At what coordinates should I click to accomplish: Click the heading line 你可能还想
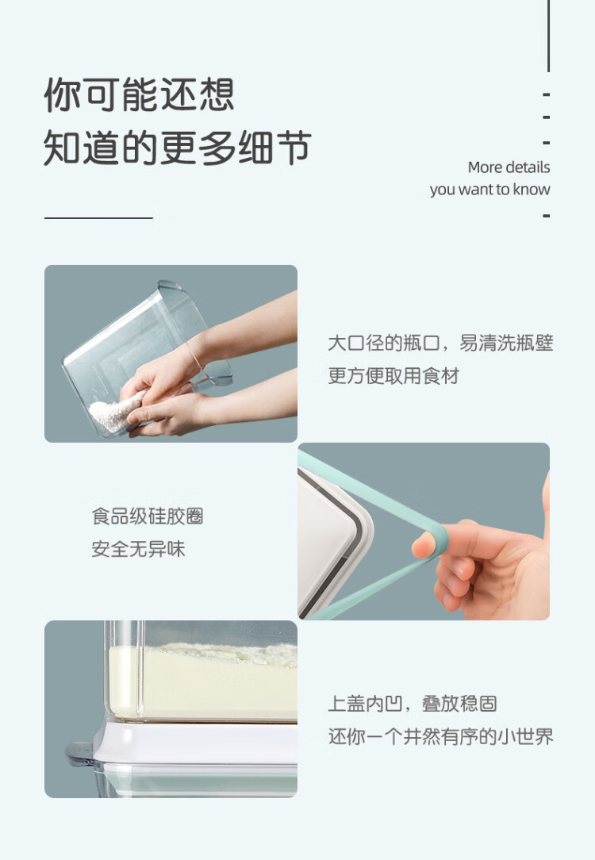[x=140, y=94]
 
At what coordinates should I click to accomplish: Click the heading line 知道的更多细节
[x=178, y=148]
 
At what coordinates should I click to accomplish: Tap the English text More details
[x=509, y=167]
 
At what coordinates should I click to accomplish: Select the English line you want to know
[x=489, y=190]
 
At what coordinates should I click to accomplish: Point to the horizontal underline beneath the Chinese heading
[x=98, y=217]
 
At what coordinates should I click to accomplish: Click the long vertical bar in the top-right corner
[x=548, y=36]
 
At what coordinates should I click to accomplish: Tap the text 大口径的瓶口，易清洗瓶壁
[x=440, y=344]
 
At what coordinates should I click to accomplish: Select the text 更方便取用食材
[x=393, y=376]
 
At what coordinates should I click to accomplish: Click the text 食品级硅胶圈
[x=148, y=516]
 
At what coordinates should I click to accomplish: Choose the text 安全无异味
[x=138, y=549]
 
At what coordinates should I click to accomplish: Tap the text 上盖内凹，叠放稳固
[x=413, y=704]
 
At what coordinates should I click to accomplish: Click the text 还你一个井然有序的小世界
[x=440, y=736]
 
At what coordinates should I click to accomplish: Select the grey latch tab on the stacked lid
[x=80, y=753]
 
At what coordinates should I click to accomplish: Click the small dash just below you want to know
[x=546, y=216]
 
